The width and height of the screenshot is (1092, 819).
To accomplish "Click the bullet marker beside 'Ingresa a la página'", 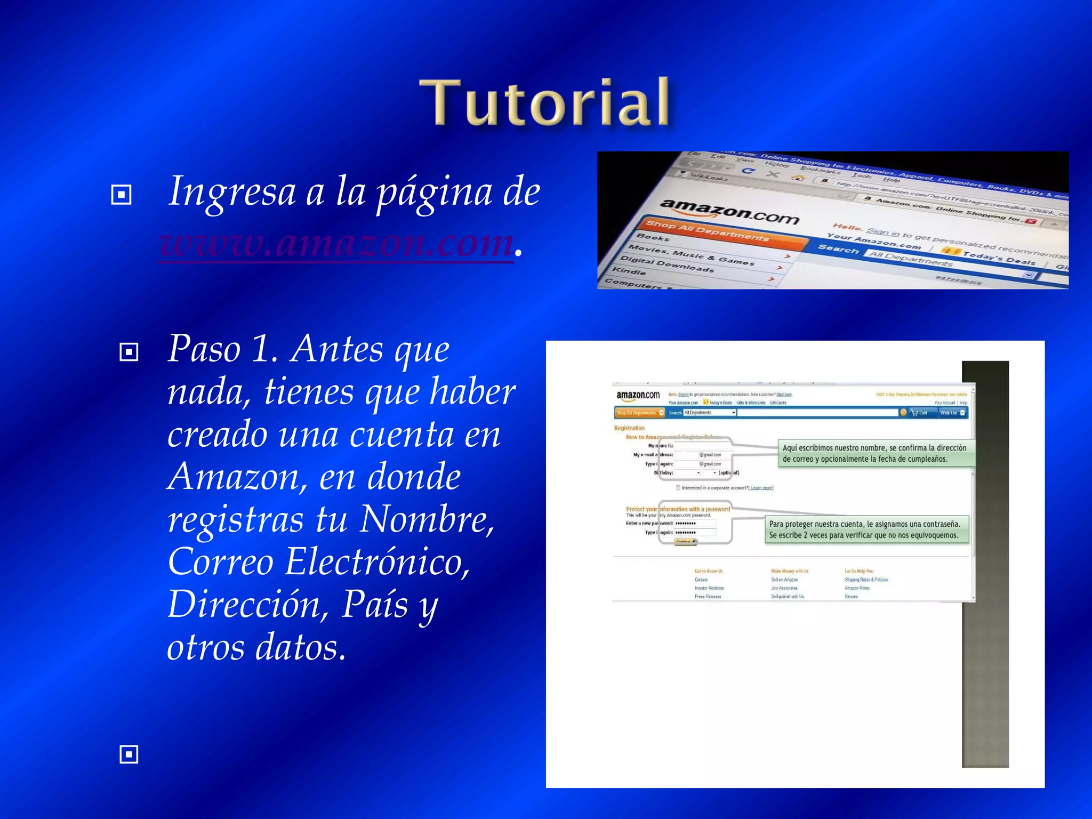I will click(121, 195).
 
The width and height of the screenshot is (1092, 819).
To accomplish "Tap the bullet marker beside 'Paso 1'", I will click(129, 352).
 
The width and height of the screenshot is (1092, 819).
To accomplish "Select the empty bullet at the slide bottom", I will click(129, 754).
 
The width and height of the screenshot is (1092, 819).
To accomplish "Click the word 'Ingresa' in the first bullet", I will click(231, 191).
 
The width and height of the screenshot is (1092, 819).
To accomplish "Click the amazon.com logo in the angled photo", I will click(729, 211).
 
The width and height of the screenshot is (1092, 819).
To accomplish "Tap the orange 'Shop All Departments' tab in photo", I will click(707, 230).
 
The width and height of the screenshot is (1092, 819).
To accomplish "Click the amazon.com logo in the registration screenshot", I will click(638, 395).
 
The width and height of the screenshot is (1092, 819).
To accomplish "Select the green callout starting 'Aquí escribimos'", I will click(874, 453).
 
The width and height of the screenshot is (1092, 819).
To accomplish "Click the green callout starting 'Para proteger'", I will click(865, 529).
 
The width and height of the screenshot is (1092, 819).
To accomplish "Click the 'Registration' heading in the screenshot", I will click(629, 428).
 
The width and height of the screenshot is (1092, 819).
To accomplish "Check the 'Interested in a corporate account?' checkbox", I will click(678, 487).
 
